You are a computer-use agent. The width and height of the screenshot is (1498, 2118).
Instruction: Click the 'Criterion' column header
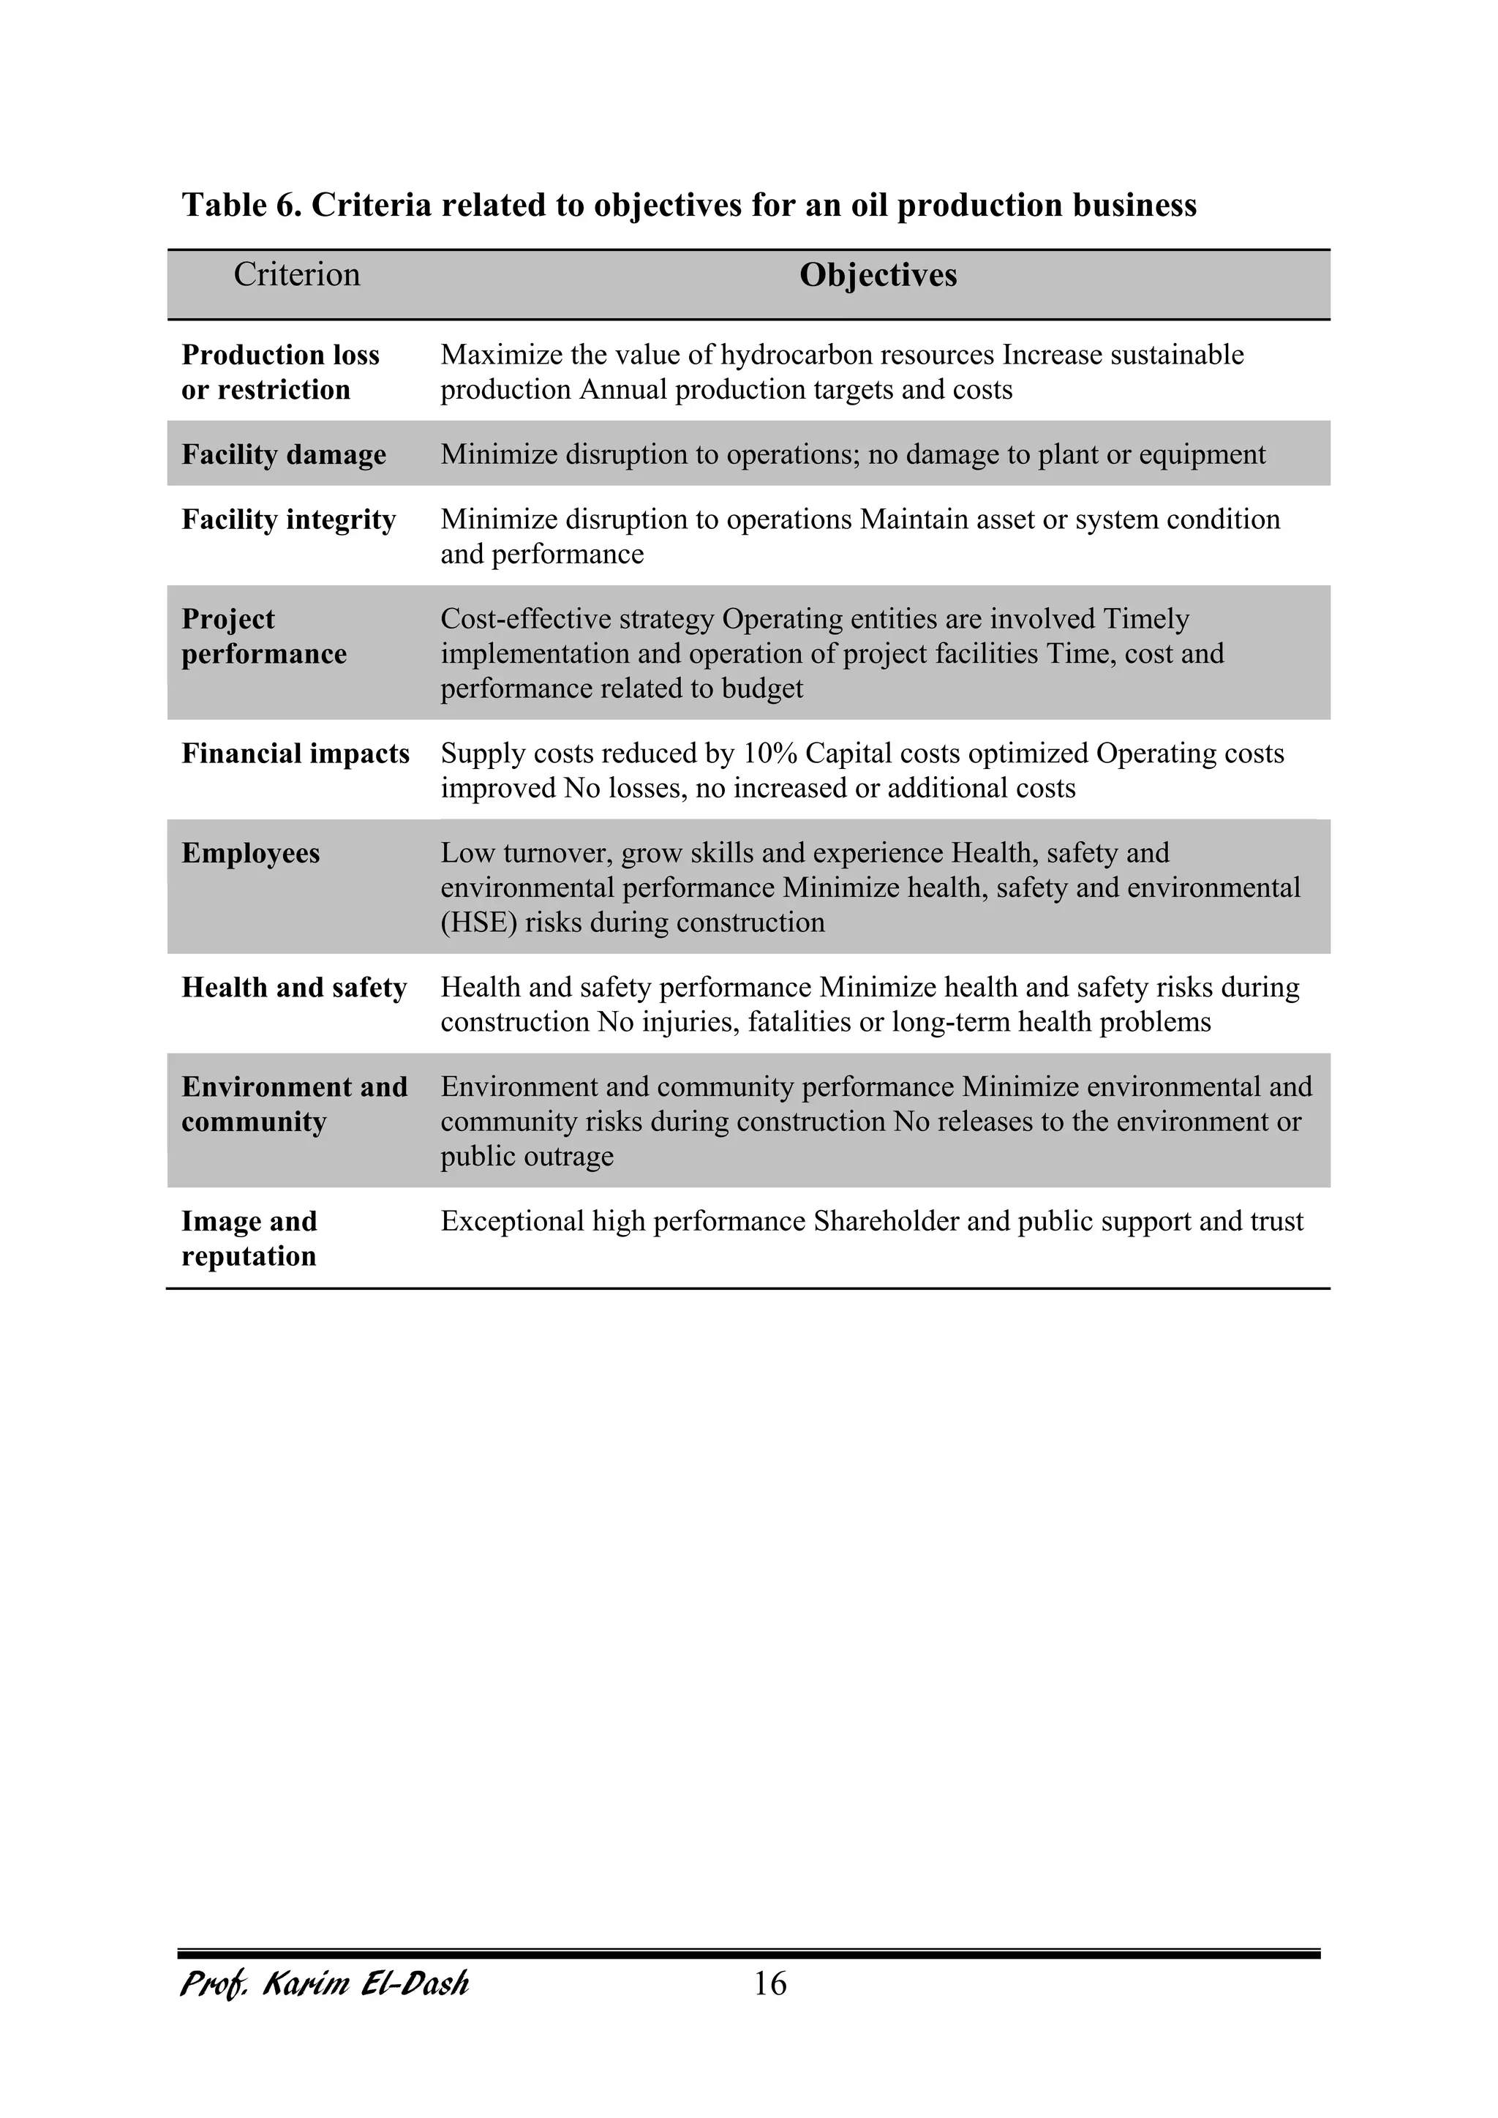coord(296,275)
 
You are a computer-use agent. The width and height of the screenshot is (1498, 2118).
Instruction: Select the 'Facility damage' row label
coord(283,455)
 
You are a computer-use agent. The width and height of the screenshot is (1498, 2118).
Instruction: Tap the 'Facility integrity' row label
coord(287,520)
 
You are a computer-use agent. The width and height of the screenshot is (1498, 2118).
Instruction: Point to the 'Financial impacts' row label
coord(296,754)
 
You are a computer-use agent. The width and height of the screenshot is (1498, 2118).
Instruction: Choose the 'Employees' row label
coord(250,853)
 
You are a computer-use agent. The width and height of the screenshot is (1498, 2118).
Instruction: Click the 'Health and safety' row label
coord(293,988)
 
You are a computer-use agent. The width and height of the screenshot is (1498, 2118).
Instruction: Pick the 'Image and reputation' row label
coord(249,1239)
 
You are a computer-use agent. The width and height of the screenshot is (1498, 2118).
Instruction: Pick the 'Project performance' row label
coord(264,636)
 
